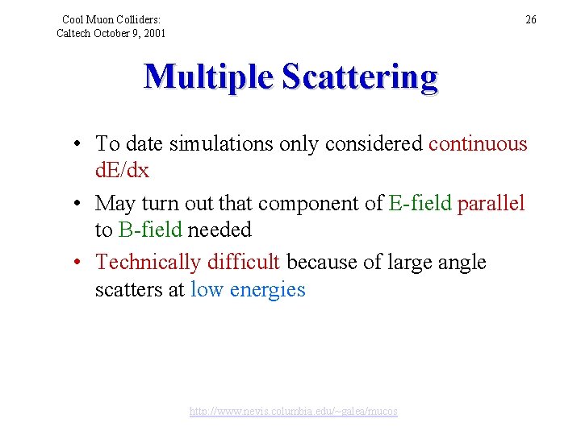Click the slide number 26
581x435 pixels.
(x=530, y=19)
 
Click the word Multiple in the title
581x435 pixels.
(x=209, y=77)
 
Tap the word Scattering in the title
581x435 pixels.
(x=360, y=77)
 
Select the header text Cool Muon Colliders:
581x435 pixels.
(x=111, y=19)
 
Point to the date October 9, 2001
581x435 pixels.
(x=130, y=33)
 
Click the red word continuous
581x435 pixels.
(x=478, y=144)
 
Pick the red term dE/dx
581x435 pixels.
(x=122, y=171)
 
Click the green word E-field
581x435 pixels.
(x=420, y=203)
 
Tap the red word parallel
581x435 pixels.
(x=491, y=203)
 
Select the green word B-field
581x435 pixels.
(x=150, y=230)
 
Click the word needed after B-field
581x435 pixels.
(x=220, y=230)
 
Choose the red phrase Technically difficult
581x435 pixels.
(x=188, y=262)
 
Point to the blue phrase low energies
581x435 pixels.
(x=248, y=289)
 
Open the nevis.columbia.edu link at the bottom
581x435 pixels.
(x=293, y=411)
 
